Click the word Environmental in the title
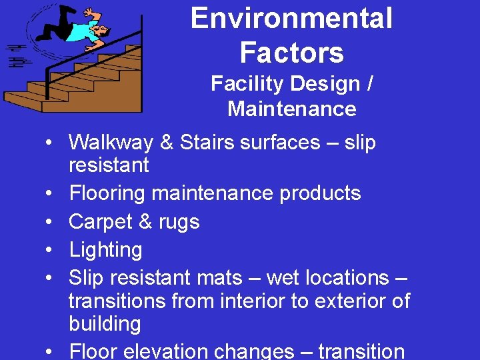coord(291,19)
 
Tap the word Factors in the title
coord(291,52)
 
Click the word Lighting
coord(105,250)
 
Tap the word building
coord(105,325)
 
